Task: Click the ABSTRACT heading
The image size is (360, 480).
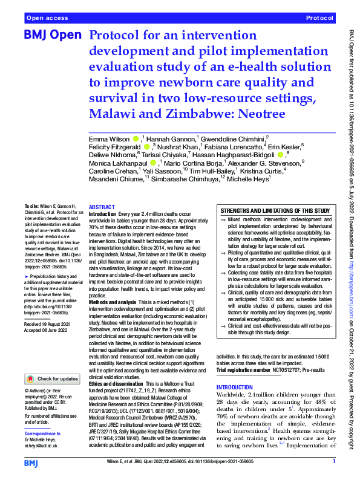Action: pos(102,207)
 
